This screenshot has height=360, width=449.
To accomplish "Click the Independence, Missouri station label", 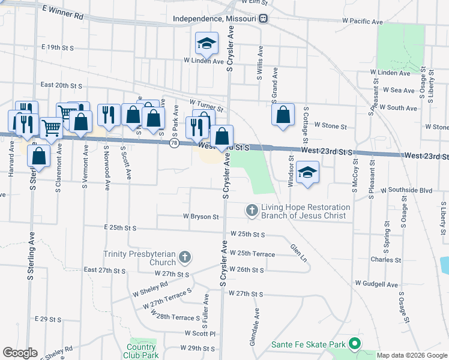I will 215,19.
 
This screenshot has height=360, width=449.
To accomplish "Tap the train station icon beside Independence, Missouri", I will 264,19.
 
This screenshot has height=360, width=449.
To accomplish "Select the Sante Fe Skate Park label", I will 309,344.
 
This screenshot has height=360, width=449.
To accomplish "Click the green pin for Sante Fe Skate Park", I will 354,344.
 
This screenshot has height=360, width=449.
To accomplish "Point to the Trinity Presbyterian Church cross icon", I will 185,258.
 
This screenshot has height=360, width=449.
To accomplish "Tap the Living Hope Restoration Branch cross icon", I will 252,210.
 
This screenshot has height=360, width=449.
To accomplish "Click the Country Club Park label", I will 142,350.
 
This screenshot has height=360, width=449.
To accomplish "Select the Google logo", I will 20,353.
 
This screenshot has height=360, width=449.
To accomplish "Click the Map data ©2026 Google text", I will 412,355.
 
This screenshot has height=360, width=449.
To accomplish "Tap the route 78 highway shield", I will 173,144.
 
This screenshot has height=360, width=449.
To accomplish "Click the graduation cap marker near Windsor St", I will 308,172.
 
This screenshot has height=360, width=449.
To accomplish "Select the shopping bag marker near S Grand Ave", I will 283,115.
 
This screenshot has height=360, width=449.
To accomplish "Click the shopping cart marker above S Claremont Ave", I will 52,127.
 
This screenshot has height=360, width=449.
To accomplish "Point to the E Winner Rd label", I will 63,12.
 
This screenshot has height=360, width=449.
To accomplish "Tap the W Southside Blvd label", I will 406,190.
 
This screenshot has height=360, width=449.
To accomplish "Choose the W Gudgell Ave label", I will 376,283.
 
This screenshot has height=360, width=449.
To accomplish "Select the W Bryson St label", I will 200,216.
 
